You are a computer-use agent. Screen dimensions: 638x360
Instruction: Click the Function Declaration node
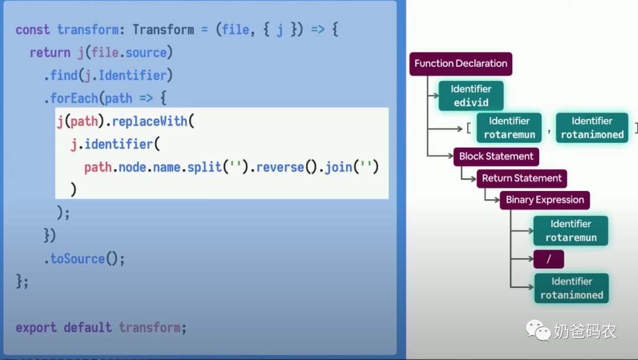click(461, 63)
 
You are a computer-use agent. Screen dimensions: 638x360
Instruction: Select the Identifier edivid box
click(471, 96)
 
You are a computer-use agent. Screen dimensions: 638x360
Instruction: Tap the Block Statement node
click(496, 157)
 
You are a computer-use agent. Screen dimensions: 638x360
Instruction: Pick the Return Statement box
click(522, 179)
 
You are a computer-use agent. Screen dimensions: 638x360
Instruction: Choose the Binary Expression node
click(545, 200)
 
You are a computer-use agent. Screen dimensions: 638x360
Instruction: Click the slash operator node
click(548, 259)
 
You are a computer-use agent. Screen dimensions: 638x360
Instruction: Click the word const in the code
click(32, 30)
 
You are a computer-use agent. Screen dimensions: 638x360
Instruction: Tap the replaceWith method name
click(149, 121)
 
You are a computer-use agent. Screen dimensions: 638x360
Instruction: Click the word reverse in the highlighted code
click(280, 167)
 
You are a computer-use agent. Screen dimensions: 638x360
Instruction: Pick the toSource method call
click(84, 258)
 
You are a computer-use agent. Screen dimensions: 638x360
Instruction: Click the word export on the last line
click(36, 327)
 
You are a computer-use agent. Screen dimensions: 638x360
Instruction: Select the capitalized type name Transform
click(163, 30)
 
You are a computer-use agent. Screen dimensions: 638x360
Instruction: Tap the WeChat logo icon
click(538, 330)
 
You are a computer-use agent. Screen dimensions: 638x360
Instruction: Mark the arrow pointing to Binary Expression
click(492, 196)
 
